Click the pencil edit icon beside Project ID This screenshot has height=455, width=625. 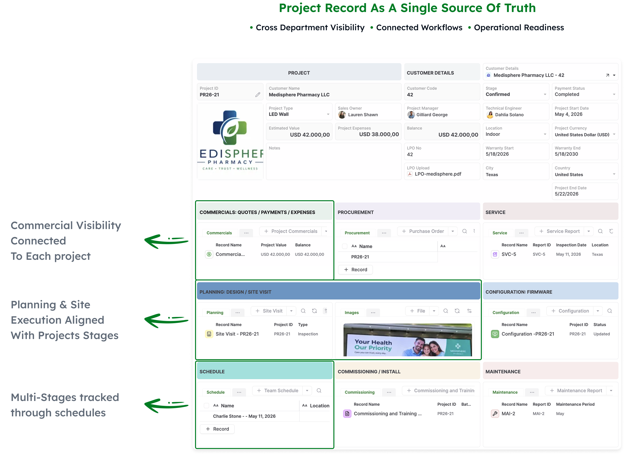pos(258,95)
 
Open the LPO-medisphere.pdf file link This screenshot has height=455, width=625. pos(438,174)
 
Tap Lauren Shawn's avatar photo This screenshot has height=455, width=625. pos(342,115)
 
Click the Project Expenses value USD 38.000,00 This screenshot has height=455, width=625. pos(379,134)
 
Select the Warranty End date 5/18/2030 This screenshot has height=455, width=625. pos(566,154)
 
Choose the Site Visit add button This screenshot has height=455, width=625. pos(269,311)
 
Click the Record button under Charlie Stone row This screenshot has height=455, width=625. pos(217,429)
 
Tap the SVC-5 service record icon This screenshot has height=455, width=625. pos(495,255)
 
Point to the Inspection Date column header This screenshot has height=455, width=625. pos(571,245)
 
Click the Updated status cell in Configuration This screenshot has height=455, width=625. pos(601,334)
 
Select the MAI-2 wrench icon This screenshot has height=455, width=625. pos(495,414)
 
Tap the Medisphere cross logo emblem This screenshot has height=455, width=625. pos(230,127)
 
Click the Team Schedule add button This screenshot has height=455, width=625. pos(277,391)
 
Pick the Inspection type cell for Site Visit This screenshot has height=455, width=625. pos(308,334)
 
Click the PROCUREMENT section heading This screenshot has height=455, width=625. pos(355,212)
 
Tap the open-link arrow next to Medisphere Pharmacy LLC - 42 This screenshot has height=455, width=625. pos(607,75)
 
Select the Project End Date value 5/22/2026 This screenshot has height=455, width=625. pos(567,194)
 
